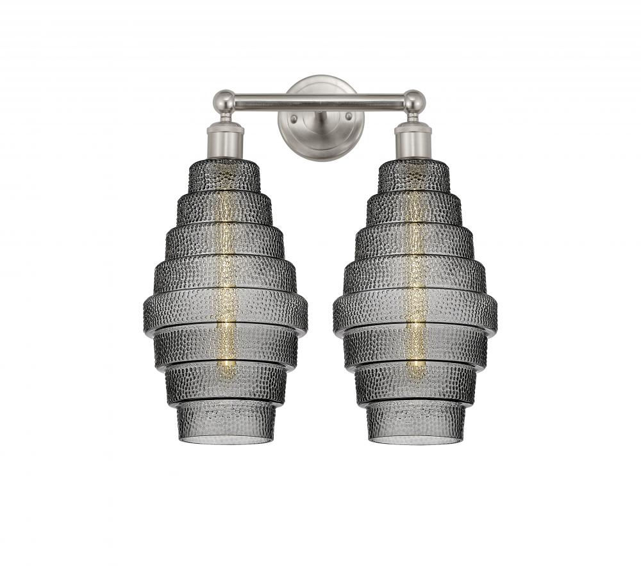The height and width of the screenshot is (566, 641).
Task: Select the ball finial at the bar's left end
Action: coord(224,101)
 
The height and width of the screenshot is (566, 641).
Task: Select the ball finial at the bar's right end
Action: coord(414,101)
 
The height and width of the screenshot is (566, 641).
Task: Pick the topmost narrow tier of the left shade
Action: coord(224,175)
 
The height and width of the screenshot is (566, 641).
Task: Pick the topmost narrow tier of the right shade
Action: coord(414,175)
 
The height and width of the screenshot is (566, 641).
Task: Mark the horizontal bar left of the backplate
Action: coord(256,101)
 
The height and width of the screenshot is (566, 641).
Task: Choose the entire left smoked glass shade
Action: coord(225,301)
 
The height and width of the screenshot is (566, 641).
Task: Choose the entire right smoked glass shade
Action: coord(415,301)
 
